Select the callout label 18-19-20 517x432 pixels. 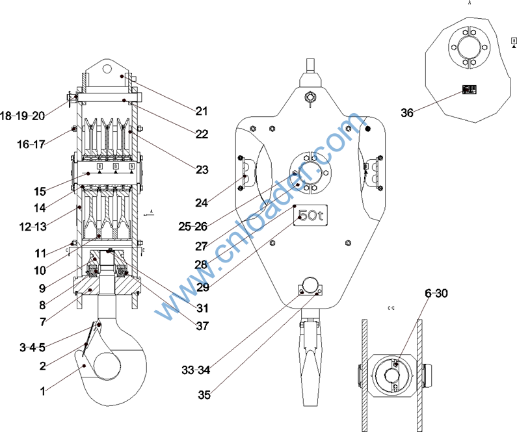(22, 116)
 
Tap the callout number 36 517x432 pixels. (407, 113)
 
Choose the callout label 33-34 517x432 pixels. (196, 370)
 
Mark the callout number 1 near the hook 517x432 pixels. (43, 391)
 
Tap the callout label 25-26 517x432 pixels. (192, 226)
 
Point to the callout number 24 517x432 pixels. (202, 203)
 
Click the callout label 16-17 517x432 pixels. (31, 144)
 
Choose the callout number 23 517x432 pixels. (202, 170)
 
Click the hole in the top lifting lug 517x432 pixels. (109, 68)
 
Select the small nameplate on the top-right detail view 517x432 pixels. (469, 89)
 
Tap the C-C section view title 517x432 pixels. (391, 305)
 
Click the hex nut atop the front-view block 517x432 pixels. (310, 97)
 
